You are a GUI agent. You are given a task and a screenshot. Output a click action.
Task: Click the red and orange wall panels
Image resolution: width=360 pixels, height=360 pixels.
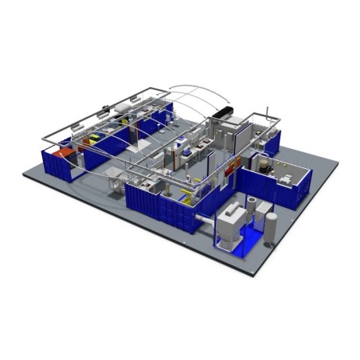point(233,167)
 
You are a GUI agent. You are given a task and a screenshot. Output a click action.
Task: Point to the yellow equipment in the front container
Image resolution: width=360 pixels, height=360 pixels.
point(186,191)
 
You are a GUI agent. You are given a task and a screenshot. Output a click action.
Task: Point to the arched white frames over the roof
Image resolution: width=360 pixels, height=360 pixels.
point(191,100)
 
